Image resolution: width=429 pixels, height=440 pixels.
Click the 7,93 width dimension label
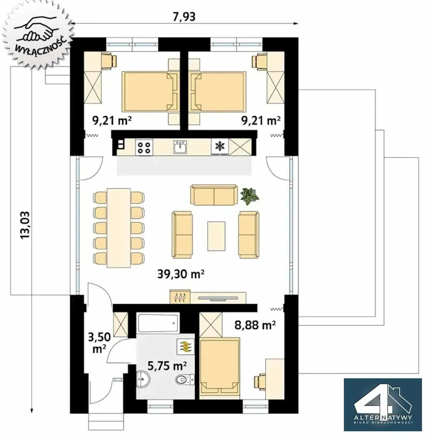click(184, 17)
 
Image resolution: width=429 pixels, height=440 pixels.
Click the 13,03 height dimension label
click(25, 225)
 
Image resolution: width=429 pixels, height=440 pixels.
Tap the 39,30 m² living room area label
click(181, 274)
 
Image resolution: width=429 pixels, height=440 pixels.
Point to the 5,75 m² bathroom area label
click(167, 365)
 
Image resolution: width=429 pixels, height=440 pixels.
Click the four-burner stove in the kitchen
click(144, 147)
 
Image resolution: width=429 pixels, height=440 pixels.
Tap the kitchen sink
click(180, 147)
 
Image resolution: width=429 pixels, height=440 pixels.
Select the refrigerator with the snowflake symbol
click(220, 147)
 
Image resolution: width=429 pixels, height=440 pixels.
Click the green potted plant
click(249, 196)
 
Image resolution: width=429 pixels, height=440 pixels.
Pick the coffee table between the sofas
click(217, 236)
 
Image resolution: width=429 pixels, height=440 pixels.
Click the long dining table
click(119, 228)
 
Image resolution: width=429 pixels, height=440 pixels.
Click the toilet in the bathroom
click(185, 380)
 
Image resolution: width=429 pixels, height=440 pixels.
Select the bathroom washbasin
click(143, 379)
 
